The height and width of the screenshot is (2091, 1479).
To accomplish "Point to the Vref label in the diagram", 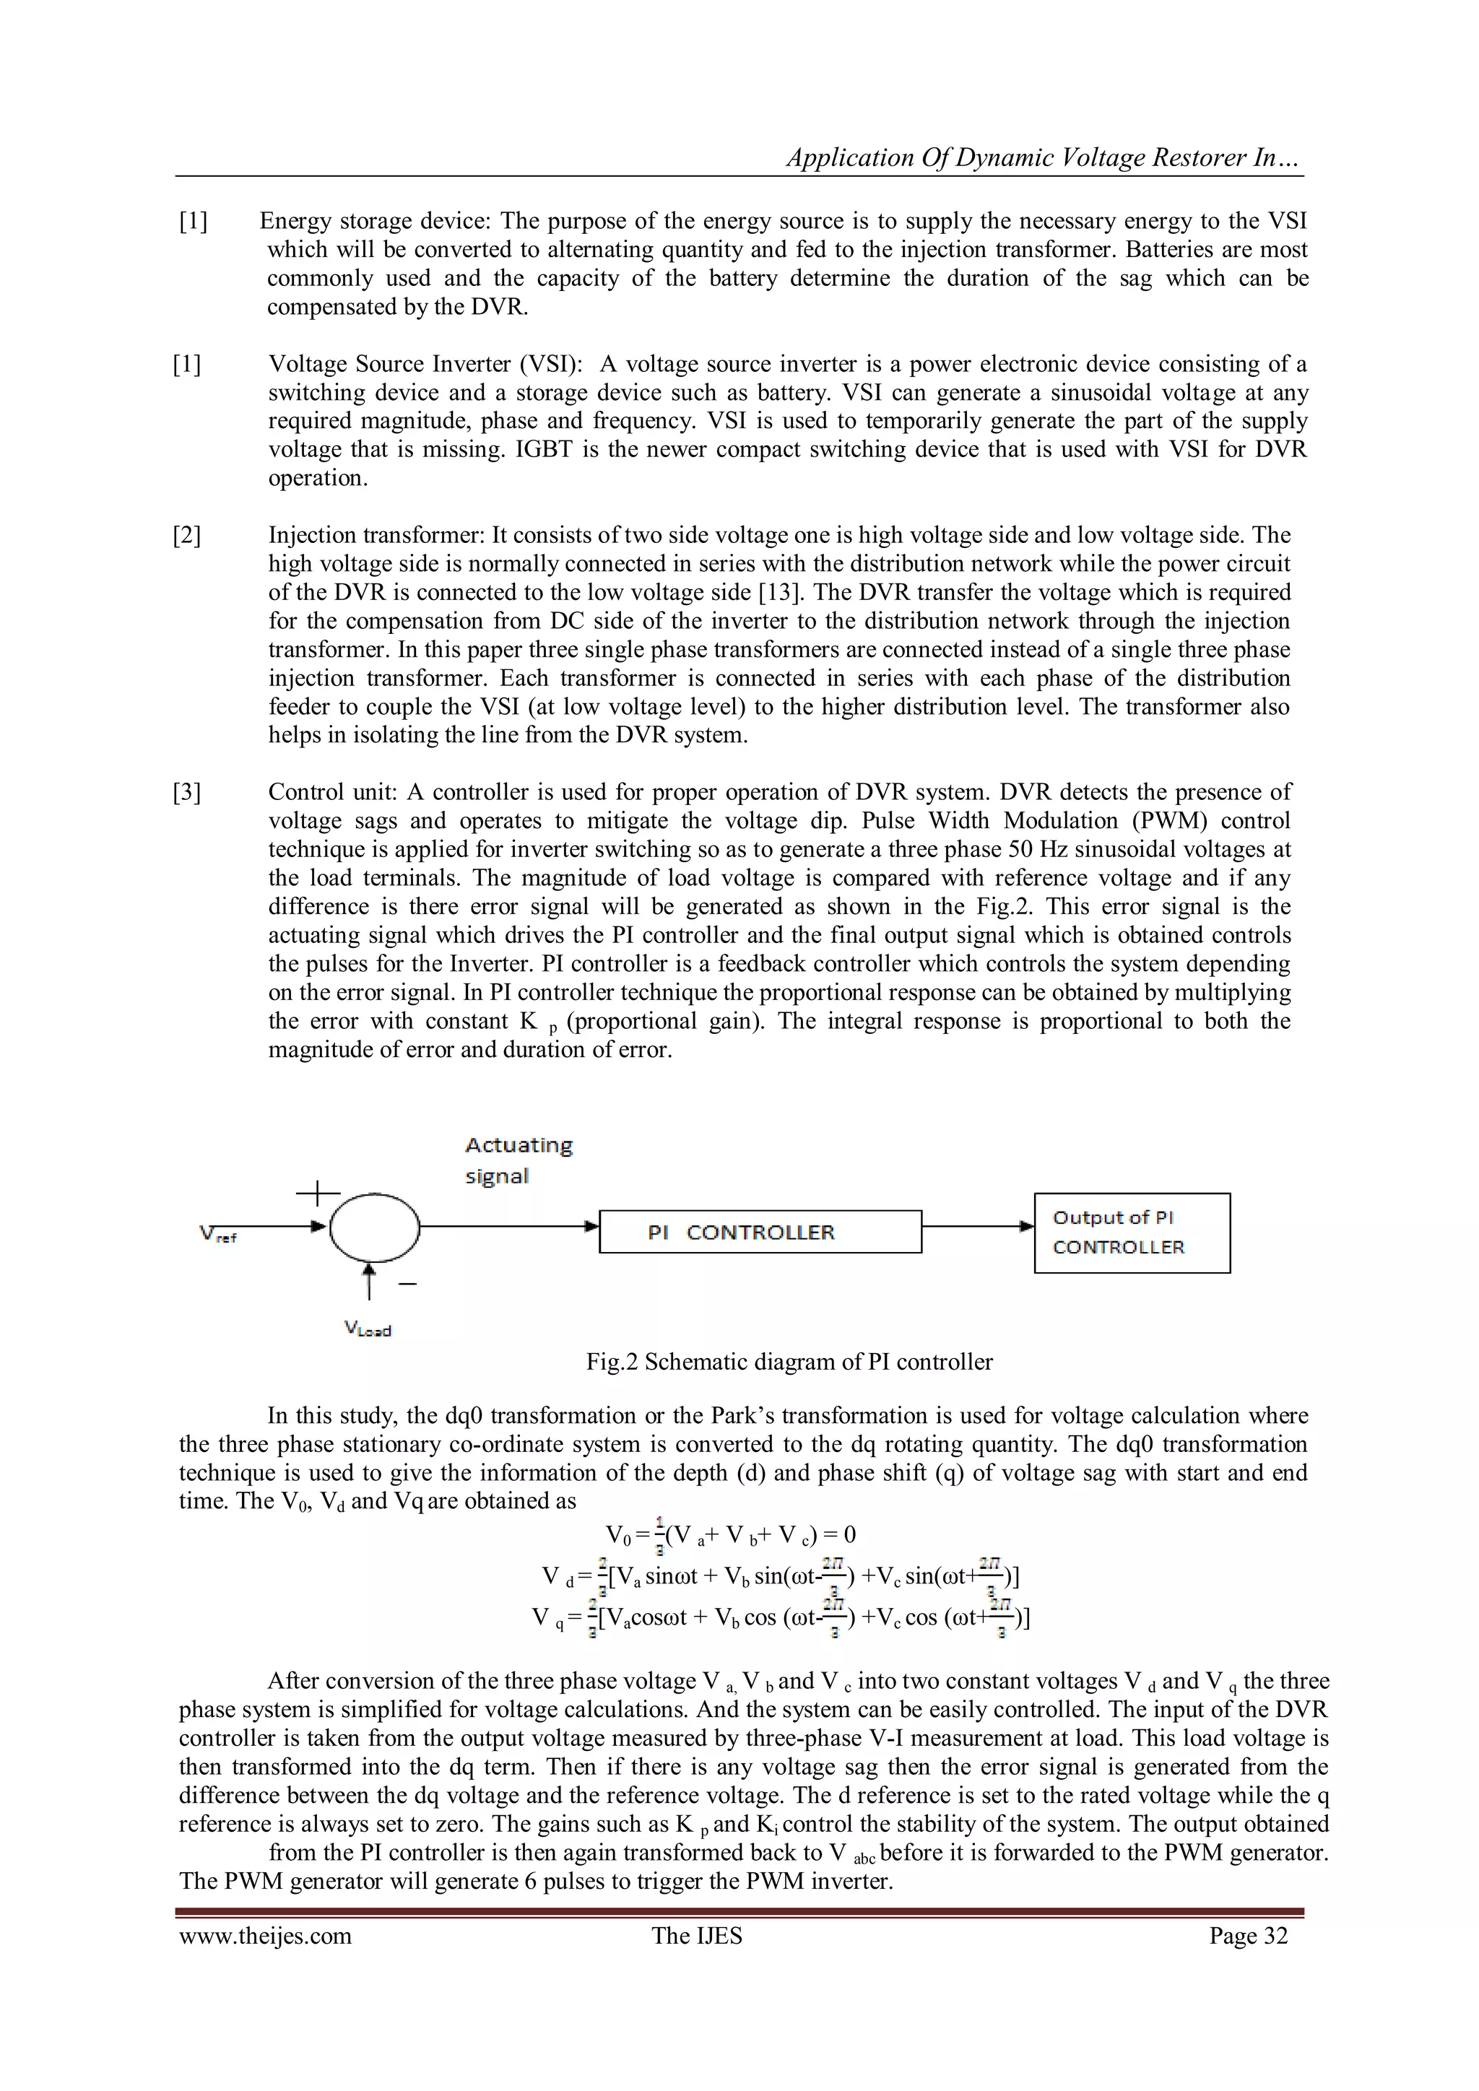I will coord(217,1235).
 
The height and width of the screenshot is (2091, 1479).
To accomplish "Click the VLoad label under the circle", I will coord(367,1330).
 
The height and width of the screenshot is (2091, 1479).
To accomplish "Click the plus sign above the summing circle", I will coord(318,1192).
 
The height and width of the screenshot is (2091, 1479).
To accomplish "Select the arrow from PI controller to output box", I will coord(978,1227).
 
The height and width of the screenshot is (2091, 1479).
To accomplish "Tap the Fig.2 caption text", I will coord(789,1362).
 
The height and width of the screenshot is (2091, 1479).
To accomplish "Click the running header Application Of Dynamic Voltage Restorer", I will coord(1044,157).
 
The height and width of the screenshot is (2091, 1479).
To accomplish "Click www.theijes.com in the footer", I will coord(265,1935).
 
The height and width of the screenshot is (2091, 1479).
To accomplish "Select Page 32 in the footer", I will coord(1248,1935).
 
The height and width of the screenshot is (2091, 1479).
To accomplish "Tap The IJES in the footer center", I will coord(697,1935).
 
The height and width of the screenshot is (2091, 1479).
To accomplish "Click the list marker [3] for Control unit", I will coord(187,792).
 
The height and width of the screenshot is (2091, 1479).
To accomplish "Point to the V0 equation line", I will coord(730,1536).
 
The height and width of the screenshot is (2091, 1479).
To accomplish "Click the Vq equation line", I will coord(781,1617).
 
